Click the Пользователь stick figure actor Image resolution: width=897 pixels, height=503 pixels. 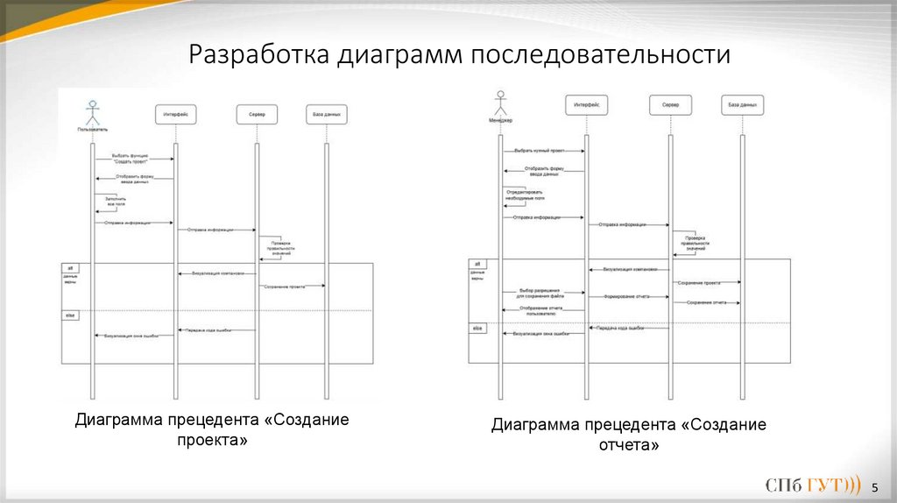(x=92, y=112)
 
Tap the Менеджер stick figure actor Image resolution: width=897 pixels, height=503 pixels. (x=500, y=103)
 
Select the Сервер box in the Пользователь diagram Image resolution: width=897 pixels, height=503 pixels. (x=257, y=114)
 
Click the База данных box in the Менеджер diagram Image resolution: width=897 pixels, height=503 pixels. (x=741, y=105)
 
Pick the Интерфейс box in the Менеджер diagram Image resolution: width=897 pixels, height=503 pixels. (x=586, y=105)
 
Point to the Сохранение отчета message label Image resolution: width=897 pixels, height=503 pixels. (x=707, y=302)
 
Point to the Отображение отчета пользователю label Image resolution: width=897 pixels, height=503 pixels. (x=540, y=310)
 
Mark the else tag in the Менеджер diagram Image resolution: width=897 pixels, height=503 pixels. (x=478, y=328)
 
